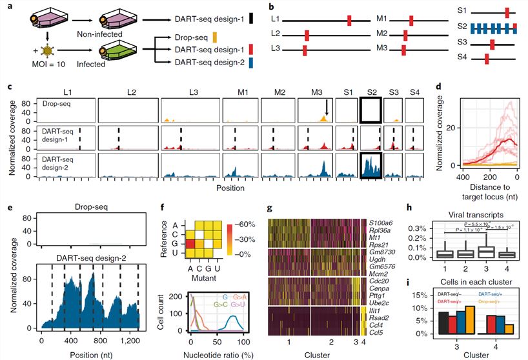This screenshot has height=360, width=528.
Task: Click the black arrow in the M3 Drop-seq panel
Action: pos(327,107)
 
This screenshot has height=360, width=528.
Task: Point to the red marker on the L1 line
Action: pos(349,21)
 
